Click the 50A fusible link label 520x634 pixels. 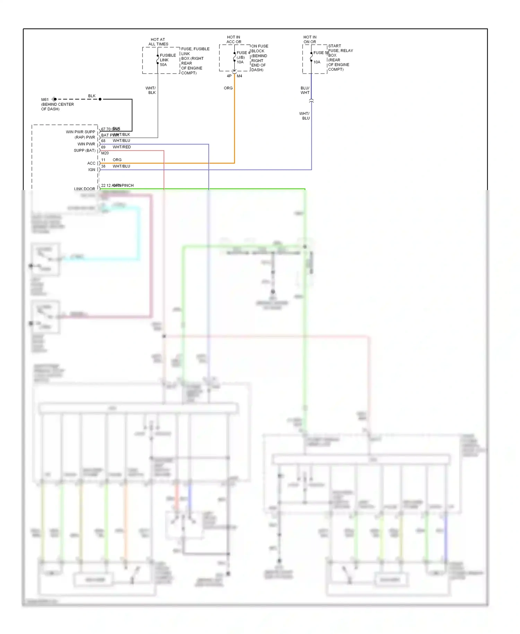163,65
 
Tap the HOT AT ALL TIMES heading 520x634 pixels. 158,42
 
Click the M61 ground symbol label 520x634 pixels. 45,100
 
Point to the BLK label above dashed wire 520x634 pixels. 92,96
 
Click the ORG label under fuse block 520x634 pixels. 228,88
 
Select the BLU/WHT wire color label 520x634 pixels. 305,90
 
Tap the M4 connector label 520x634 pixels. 240,76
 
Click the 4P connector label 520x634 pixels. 229,76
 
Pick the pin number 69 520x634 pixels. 103,147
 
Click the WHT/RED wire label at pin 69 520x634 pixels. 122,147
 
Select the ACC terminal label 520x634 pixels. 91,163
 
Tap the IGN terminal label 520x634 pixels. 92,170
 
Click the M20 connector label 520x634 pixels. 105,153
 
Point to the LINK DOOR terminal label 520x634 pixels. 84,189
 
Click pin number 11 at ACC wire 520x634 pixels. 103,160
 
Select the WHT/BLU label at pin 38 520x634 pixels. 121,166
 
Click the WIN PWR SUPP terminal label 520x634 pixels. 80,132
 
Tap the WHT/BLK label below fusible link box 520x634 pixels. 151,90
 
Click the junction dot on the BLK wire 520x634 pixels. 100,99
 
